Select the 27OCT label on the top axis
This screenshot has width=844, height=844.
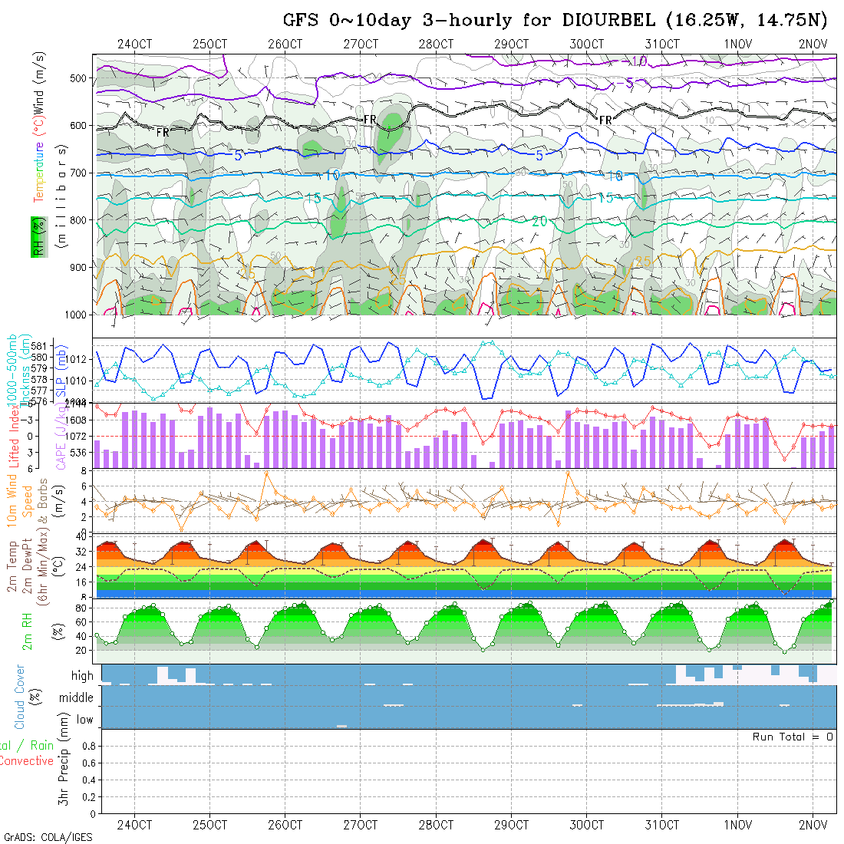pyautogui.click(x=361, y=44)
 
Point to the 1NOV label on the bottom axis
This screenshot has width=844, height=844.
pyautogui.click(x=738, y=825)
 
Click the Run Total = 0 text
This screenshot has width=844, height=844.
pyautogui.click(x=793, y=737)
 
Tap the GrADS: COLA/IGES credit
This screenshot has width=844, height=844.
pyautogui.click(x=48, y=837)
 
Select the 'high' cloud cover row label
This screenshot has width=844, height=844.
pyautogui.click(x=82, y=676)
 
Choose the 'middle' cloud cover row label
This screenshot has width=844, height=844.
pyautogui.click(x=76, y=698)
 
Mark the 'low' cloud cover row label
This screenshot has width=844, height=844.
pyautogui.click(x=84, y=720)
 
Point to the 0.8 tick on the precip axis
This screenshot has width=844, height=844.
pyautogui.click(x=87, y=746)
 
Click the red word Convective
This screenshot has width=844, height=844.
pyautogui.click(x=27, y=761)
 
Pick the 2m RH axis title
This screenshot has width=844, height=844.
pyautogui.click(x=28, y=630)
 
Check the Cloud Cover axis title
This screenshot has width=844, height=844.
pyautogui.click(x=20, y=697)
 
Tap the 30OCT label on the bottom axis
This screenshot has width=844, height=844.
pyautogui.click(x=587, y=825)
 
